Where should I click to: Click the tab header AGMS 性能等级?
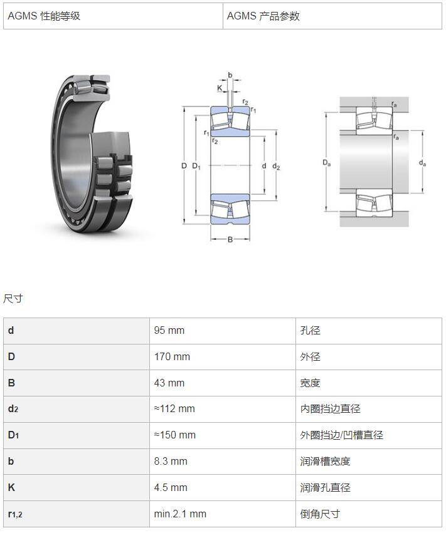coord(44,16)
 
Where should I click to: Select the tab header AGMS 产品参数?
coord(263,16)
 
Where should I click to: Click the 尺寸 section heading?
coord(13,299)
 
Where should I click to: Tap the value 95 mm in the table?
coord(169,331)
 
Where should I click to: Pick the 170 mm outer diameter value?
coord(172,356)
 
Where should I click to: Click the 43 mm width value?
coord(169,383)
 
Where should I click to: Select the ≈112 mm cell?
coord(174,408)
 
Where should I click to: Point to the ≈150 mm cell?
coord(174,435)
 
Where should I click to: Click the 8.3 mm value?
coord(171,461)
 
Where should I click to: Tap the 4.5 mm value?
coord(171,487)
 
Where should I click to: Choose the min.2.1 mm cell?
coord(180,514)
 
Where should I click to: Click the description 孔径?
coord(310,331)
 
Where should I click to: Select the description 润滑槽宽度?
coord(325,461)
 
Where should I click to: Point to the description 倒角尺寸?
coord(320,514)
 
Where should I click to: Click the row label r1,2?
coord(15,514)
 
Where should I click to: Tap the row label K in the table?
coord(11,487)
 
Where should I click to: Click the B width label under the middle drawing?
coord(230,239)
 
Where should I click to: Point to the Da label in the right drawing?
coord(326,163)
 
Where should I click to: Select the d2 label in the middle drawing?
coord(276,166)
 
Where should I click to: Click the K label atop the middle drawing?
coord(220,88)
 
